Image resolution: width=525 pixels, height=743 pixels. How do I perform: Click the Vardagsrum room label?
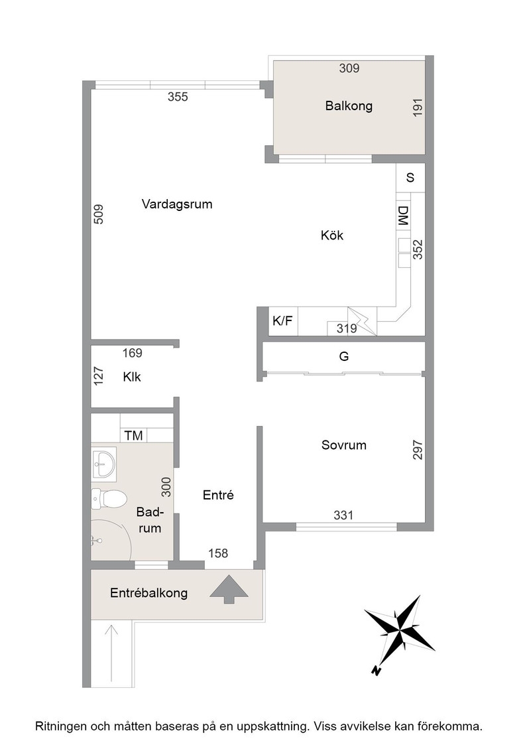[177, 204]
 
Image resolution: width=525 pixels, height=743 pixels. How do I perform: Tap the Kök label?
[332, 235]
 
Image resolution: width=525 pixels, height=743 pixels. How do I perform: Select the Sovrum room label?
[343, 445]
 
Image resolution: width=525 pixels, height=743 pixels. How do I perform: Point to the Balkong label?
[349, 105]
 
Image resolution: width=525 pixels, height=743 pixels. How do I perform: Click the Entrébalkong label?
[148, 593]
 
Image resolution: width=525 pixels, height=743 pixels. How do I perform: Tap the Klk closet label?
[132, 377]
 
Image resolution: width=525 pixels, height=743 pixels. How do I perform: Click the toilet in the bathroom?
[109, 499]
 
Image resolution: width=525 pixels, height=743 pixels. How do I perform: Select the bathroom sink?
[103, 463]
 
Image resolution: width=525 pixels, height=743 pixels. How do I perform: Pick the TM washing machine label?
[133, 435]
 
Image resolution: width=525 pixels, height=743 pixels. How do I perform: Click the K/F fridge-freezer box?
[283, 321]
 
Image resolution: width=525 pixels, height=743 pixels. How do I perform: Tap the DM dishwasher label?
[403, 215]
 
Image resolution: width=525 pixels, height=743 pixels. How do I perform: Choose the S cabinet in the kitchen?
[410, 178]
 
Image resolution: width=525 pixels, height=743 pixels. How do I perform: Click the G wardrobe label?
[344, 356]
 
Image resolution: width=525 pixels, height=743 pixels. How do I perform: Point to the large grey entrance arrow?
[229, 589]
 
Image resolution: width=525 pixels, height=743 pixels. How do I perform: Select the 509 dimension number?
[98, 214]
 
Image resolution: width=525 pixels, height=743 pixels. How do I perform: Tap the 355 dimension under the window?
[178, 97]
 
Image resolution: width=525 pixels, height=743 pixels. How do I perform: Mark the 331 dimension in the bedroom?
[343, 515]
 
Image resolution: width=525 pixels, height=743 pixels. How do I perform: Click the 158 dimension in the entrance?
[218, 553]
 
